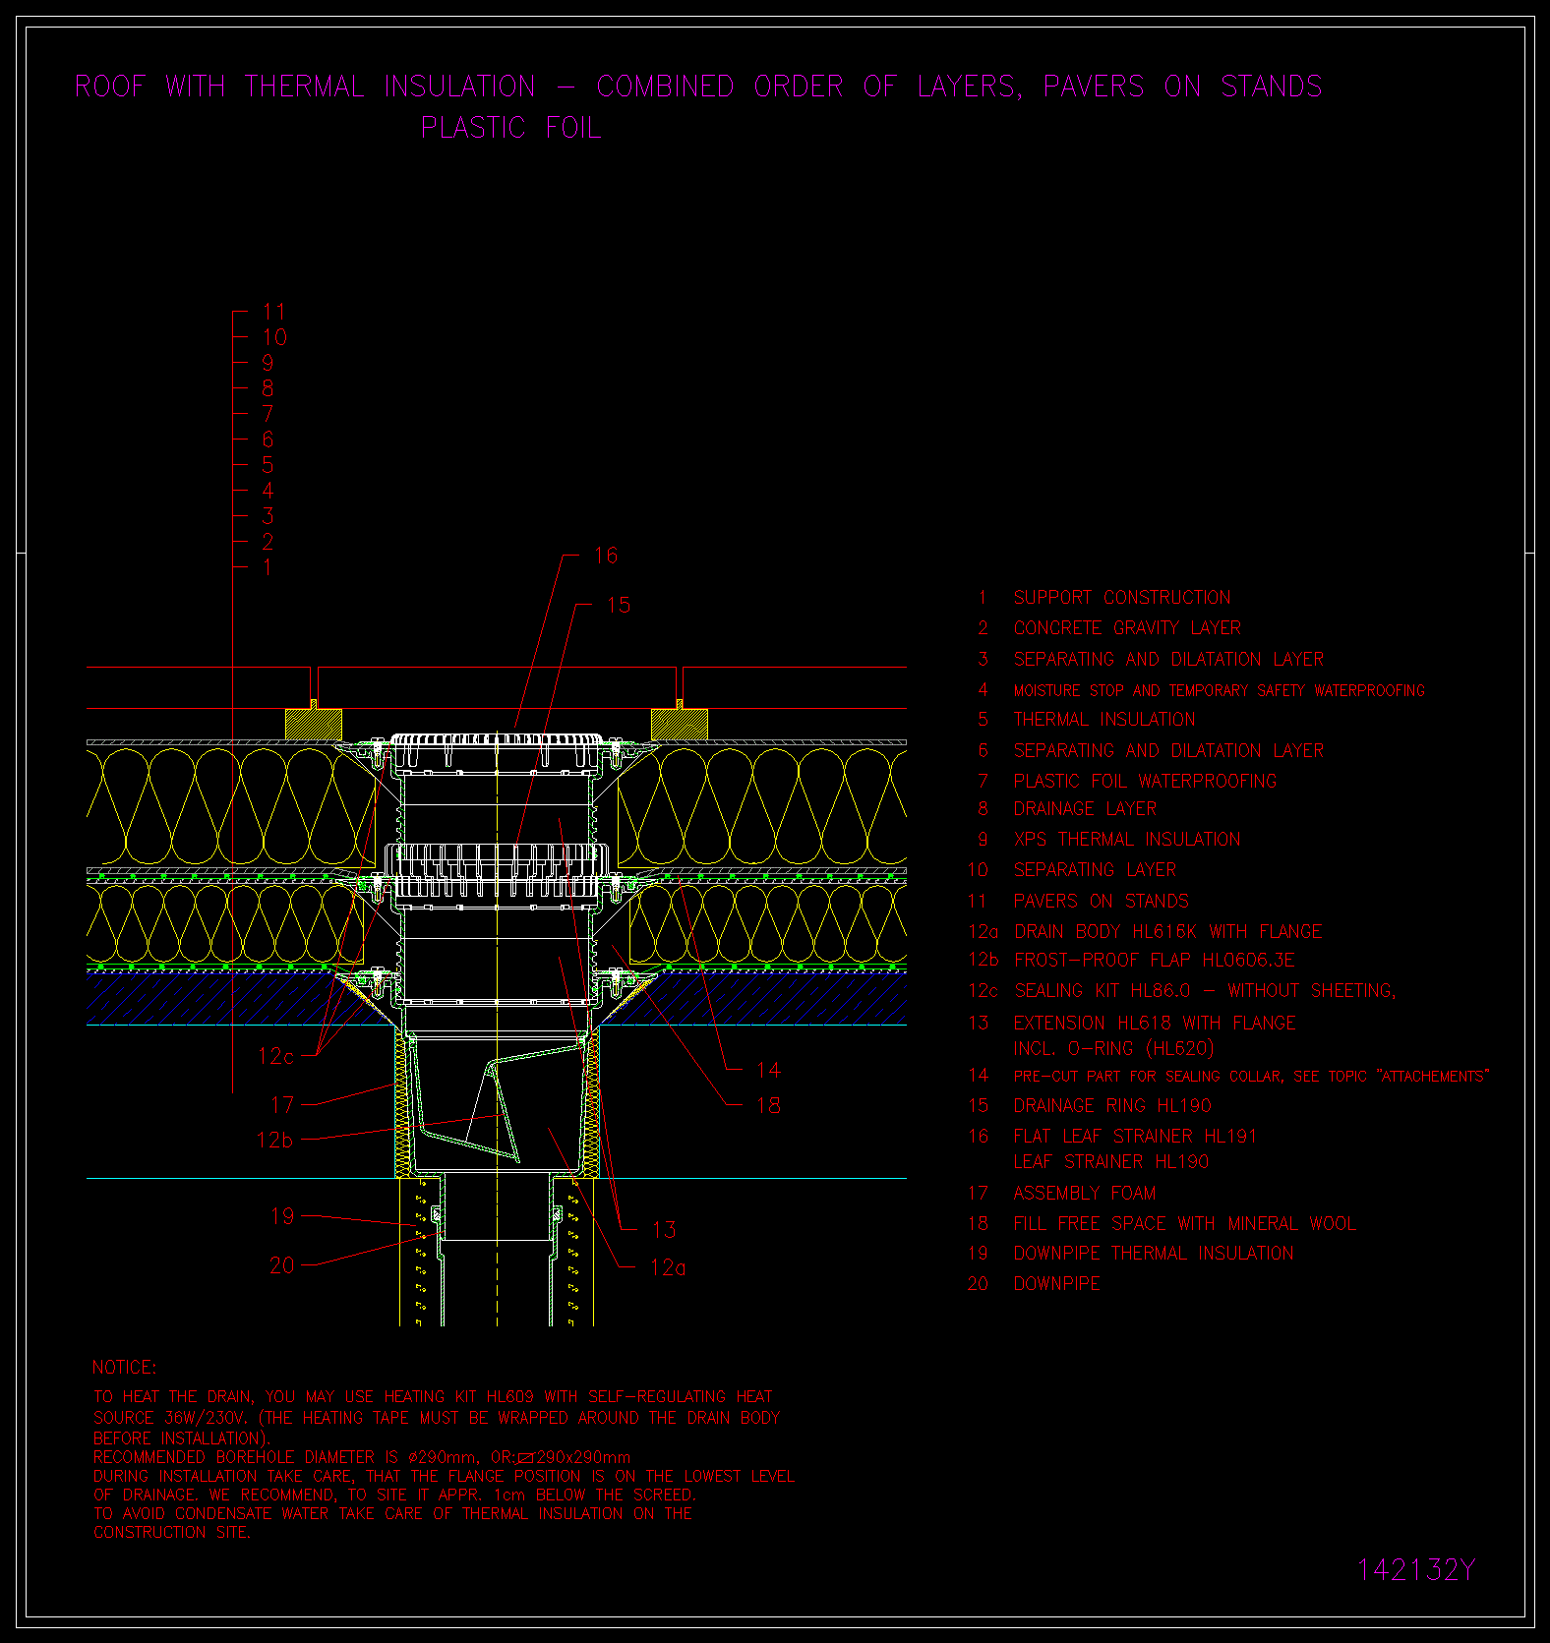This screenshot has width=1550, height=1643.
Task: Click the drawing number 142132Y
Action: coord(1416,1570)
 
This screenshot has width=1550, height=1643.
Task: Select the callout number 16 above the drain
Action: coord(606,556)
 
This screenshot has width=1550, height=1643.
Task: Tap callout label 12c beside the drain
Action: coord(275,1056)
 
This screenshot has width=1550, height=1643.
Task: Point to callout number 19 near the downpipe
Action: coord(282,1216)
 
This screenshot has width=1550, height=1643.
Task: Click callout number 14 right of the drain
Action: coord(768,1070)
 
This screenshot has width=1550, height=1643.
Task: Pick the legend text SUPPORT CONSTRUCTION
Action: coord(1122,598)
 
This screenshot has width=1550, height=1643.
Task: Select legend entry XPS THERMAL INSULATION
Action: coord(1127,840)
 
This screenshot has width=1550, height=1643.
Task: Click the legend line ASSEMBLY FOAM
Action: coord(1085,1194)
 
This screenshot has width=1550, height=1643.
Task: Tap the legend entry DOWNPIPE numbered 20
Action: coord(1057,1284)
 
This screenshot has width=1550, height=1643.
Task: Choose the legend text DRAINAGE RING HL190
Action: coord(1112,1106)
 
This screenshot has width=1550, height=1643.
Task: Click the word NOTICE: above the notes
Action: coord(124,1368)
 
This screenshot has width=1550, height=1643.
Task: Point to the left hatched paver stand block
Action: coord(314,725)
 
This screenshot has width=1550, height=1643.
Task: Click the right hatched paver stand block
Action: coord(680,725)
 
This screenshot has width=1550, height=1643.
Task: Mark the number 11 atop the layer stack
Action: coord(274,313)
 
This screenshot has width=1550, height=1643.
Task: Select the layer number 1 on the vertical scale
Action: coord(268,567)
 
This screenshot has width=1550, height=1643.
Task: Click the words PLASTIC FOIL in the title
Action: coord(510,128)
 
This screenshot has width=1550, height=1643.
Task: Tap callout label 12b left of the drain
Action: coord(275,1141)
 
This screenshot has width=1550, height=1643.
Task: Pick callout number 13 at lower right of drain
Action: coord(664,1230)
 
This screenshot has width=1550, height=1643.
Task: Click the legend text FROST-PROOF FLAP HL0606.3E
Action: coord(1155,961)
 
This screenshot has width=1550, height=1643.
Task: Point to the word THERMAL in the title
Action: coord(304,87)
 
